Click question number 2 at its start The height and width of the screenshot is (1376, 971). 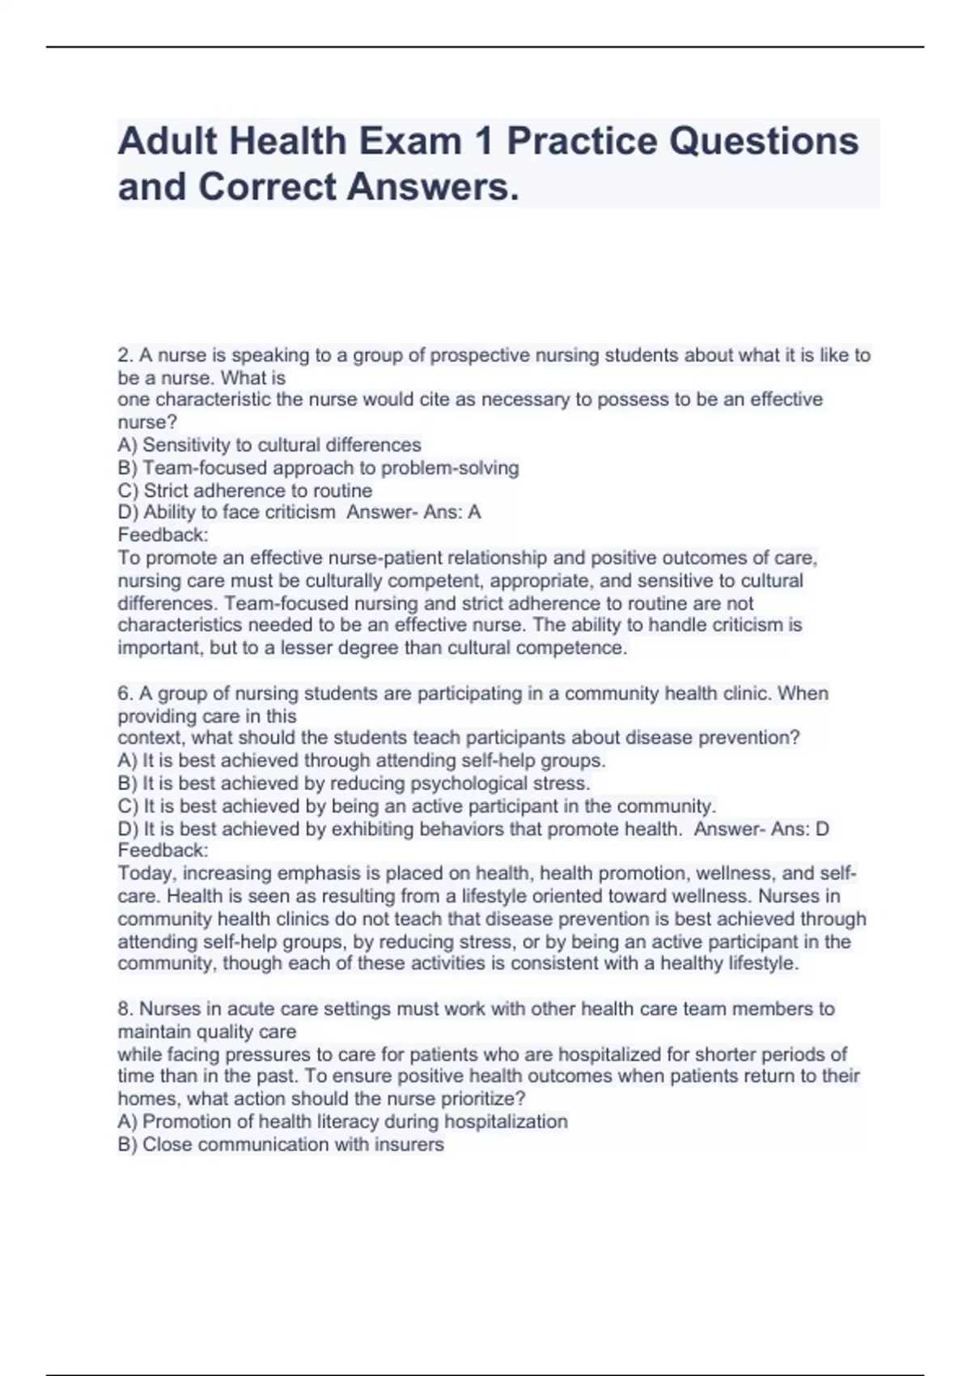[125, 355]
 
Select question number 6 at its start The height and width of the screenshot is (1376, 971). [125, 694]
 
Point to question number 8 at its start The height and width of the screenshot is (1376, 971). [125, 1009]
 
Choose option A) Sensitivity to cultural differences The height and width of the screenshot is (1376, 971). [269, 445]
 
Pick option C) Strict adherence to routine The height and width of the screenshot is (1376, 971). [245, 491]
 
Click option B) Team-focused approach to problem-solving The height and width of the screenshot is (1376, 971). [318, 468]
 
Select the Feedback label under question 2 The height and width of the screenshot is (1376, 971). [163, 535]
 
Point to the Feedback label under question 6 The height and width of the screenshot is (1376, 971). [163, 851]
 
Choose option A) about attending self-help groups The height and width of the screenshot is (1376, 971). [362, 761]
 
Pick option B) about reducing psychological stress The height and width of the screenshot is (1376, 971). [354, 784]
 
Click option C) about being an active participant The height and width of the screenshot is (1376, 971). [417, 806]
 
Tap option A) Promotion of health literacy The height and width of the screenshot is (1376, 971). [342, 1122]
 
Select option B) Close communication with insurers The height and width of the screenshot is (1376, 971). [281, 1145]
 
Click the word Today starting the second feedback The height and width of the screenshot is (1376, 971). [146, 873]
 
